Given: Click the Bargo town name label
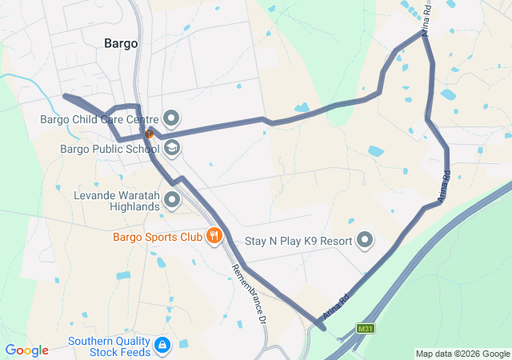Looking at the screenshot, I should tap(121, 43).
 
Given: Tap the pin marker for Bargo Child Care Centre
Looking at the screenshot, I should tap(172, 120).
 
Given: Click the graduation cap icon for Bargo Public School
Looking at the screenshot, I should tap(172, 148).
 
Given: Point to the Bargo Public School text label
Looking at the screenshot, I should tap(109, 148).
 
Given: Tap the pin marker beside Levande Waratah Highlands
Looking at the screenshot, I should tap(172, 199).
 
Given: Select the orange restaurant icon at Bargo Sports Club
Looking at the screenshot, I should tap(214, 236).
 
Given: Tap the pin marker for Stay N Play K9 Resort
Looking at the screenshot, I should tap(365, 239).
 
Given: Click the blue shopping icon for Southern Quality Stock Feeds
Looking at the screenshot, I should tap(162, 346).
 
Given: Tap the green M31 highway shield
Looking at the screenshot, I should tap(366, 328).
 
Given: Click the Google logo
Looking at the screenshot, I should tap(27, 350).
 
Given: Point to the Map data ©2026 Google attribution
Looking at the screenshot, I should tap(462, 354).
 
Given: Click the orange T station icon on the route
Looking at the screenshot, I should tap(149, 134).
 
